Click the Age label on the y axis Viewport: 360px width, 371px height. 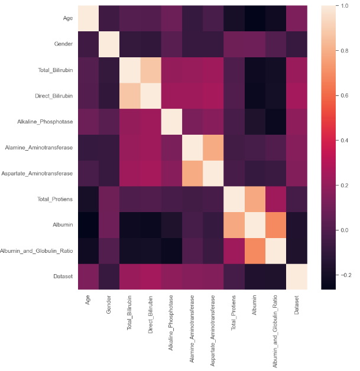coord(68,18)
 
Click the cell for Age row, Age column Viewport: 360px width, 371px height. coord(88,18)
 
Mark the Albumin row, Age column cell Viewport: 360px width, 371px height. coord(88,225)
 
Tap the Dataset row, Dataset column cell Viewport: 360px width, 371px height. coord(296,276)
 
